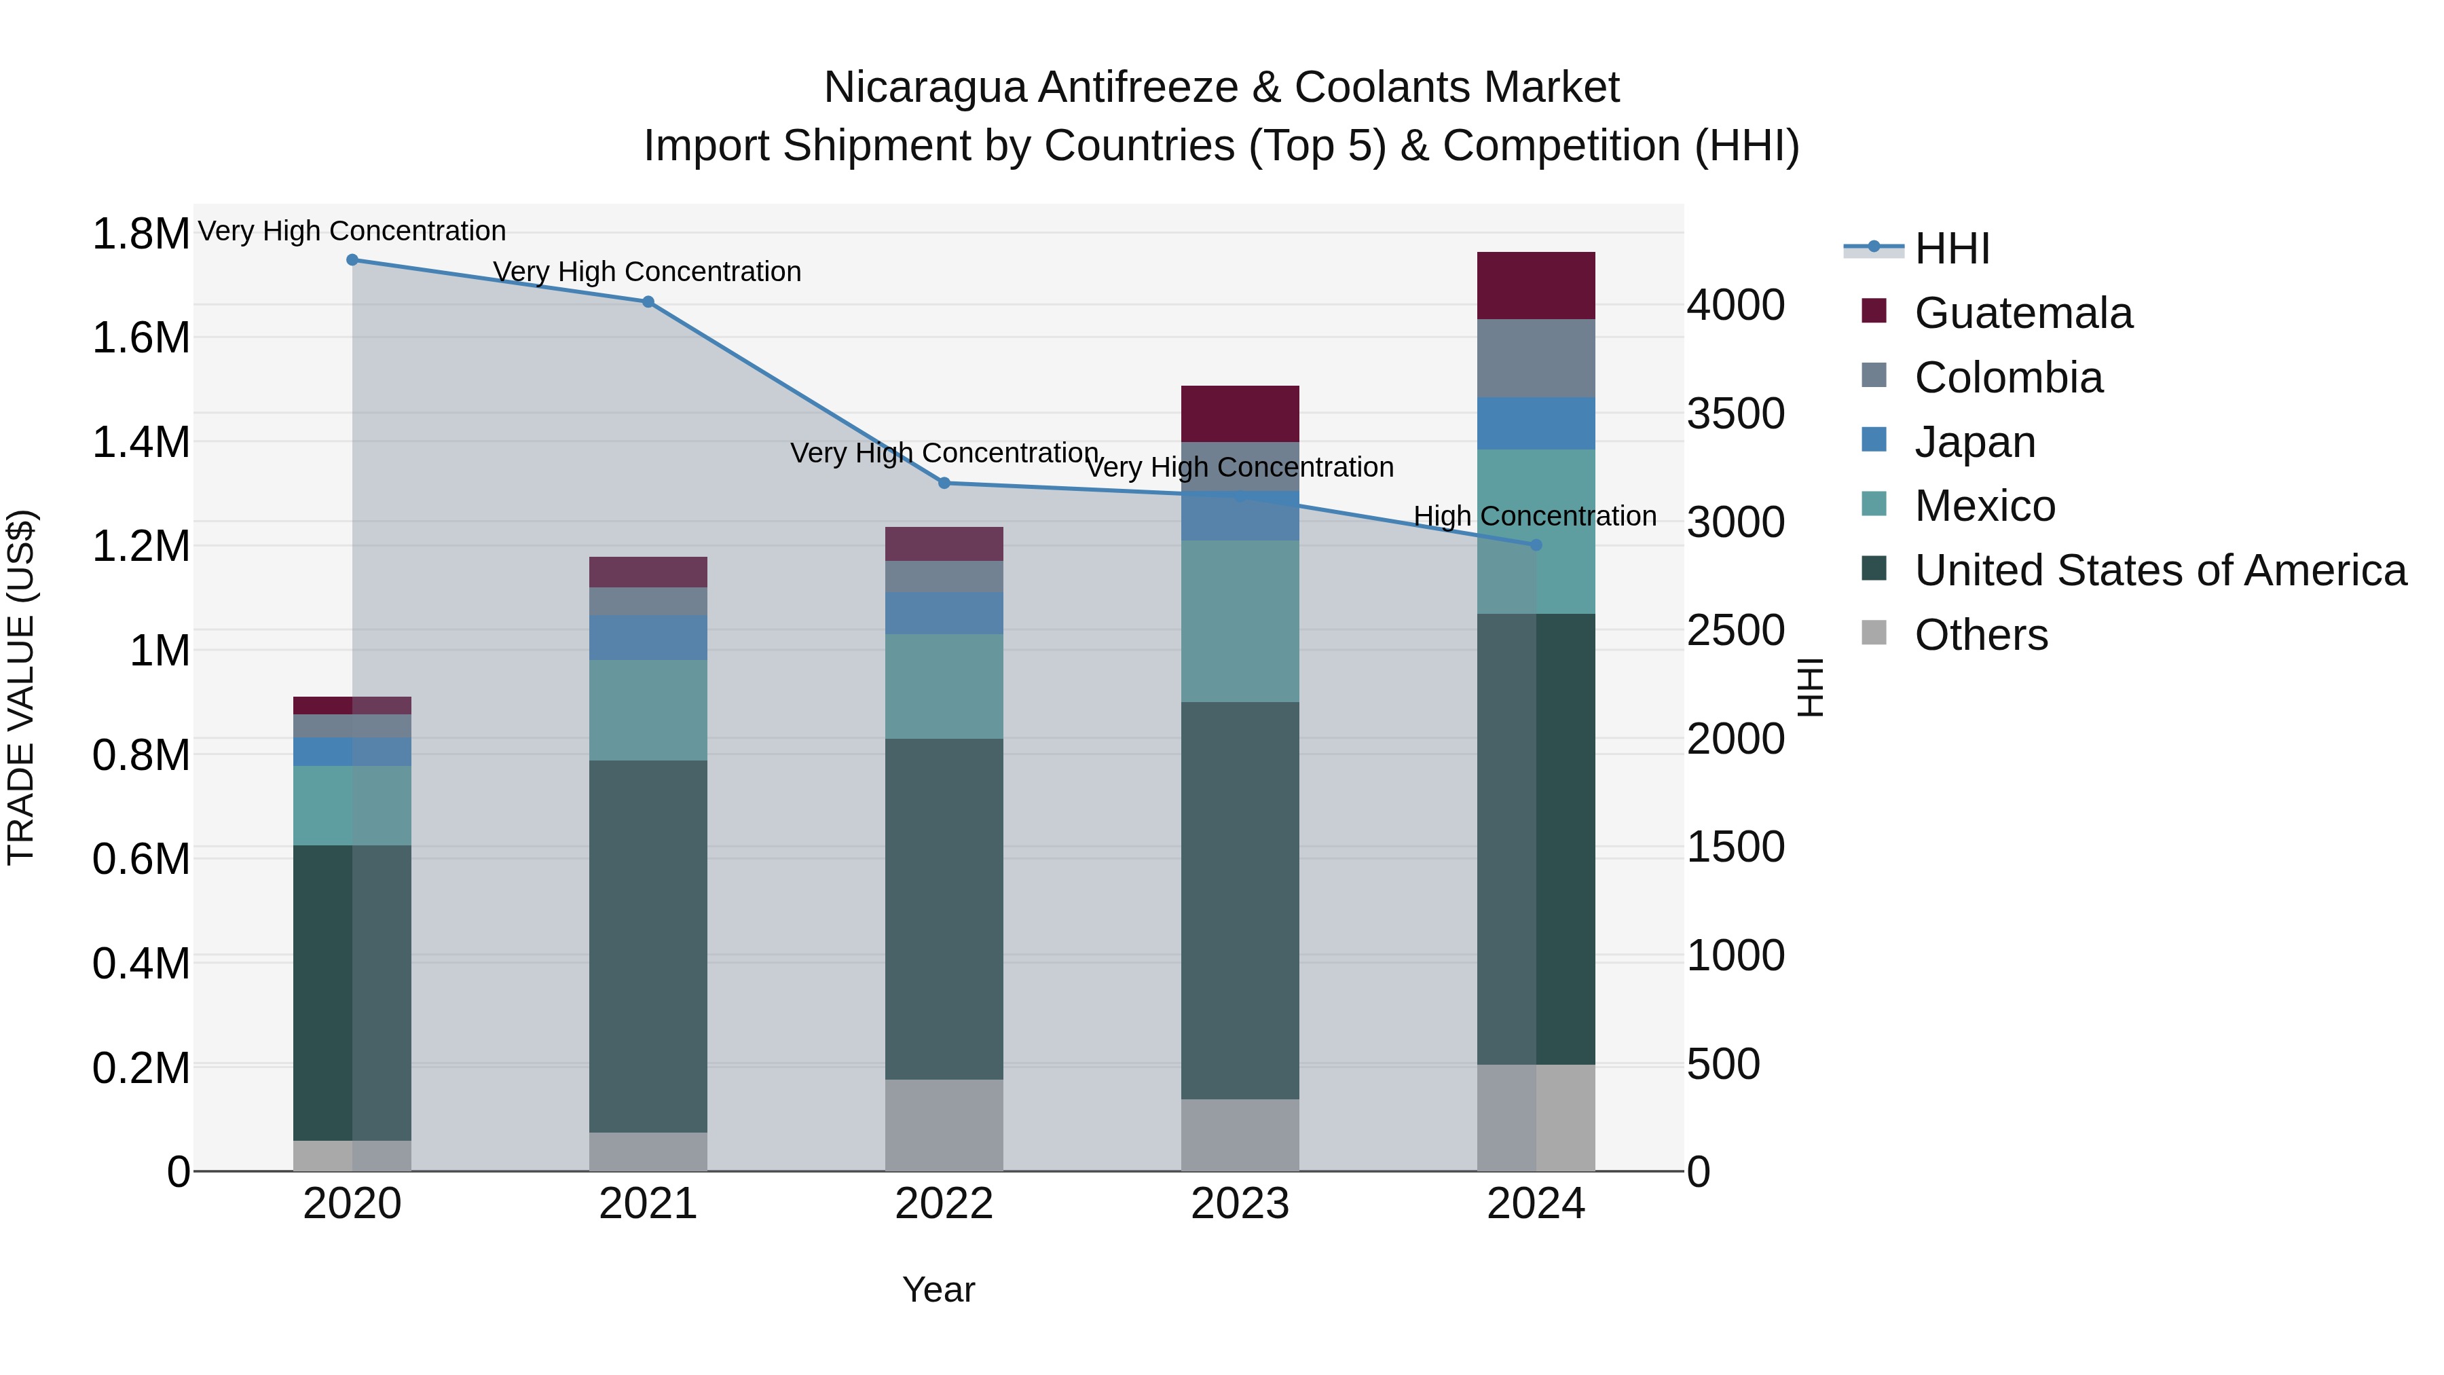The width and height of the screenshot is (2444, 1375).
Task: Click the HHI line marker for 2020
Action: (x=352, y=260)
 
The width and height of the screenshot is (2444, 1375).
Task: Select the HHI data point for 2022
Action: (x=944, y=483)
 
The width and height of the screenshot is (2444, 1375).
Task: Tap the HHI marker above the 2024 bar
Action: (x=1536, y=545)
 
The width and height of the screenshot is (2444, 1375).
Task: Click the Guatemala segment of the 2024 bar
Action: (x=1536, y=286)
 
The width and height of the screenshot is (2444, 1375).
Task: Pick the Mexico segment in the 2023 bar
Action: (x=1240, y=621)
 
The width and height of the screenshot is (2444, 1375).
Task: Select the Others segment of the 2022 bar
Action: (x=944, y=1124)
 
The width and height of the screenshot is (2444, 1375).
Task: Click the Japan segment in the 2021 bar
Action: (x=648, y=637)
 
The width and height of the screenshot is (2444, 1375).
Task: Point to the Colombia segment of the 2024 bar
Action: (x=1536, y=358)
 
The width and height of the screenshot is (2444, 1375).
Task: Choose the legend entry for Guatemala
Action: (x=2023, y=313)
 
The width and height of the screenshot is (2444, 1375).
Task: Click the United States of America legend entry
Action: (x=2160, y=570)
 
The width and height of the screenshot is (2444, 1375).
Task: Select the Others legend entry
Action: (x=1980, y=635)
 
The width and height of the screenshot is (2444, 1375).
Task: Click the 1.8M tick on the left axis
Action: (x=141, y=234)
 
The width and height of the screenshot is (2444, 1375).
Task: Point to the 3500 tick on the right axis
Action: (x=1735, y=414)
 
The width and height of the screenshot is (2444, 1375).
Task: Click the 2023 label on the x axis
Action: (x=1240, y=1204)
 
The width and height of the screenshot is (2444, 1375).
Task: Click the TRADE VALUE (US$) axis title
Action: (x=21, y=687)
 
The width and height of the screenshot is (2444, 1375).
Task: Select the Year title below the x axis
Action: (x=938, y=1289)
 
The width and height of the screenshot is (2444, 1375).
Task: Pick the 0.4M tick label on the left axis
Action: (x=141, y=963)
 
